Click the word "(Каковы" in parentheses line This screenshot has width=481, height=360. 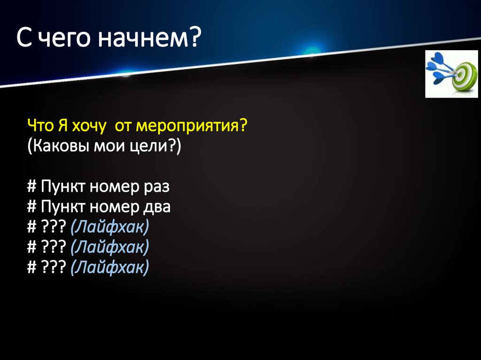coord(55,146)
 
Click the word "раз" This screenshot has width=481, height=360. coord(155,187)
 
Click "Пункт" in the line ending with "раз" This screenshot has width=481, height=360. coord(61,187)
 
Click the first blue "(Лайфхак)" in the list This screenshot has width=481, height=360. coord(109,227)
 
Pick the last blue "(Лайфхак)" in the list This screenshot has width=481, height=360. coord(109,268)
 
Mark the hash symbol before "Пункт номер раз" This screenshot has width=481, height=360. coord(31,187)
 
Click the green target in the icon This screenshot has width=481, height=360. coord(464,76)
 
